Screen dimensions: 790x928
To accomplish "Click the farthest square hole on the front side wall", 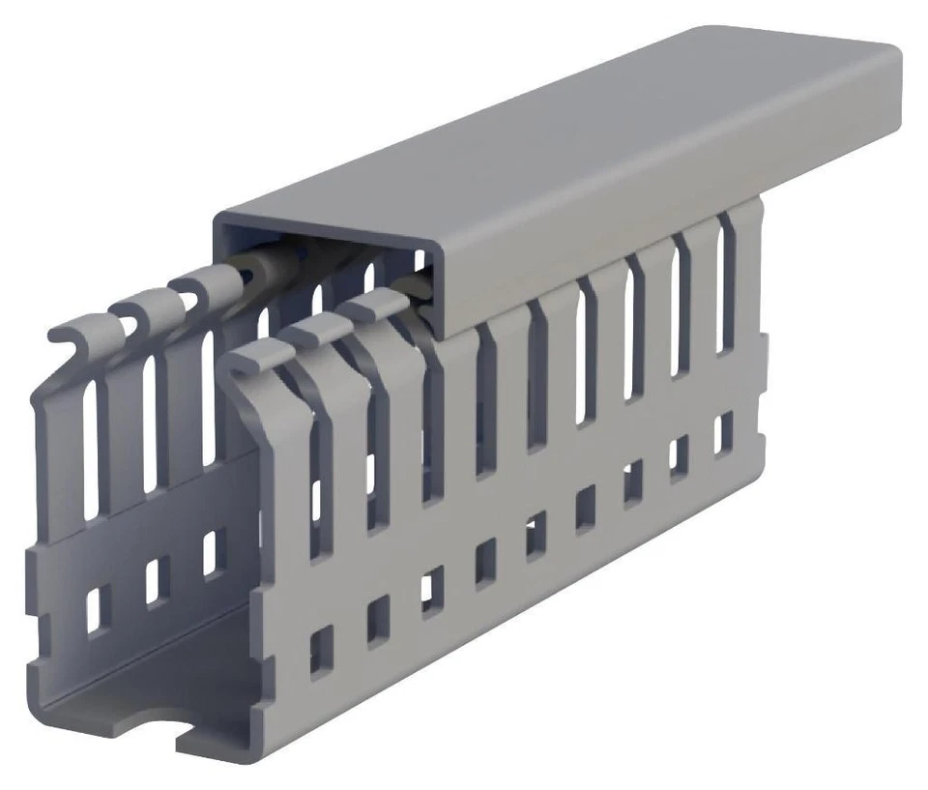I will point(723,433).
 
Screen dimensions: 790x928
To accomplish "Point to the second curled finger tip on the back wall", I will point(130,311).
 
